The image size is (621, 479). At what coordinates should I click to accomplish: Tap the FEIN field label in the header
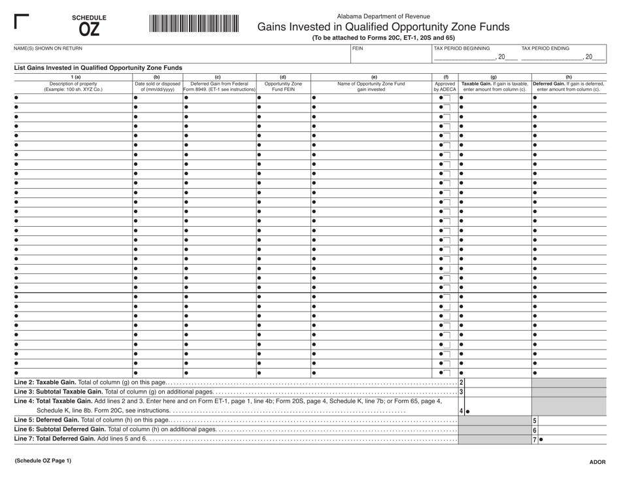point(357,48)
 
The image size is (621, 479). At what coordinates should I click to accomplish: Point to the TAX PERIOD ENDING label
point(545,48)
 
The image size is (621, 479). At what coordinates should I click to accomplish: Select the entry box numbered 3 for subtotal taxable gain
point(495,391)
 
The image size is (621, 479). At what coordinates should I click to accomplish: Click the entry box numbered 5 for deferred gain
point(568,420)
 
